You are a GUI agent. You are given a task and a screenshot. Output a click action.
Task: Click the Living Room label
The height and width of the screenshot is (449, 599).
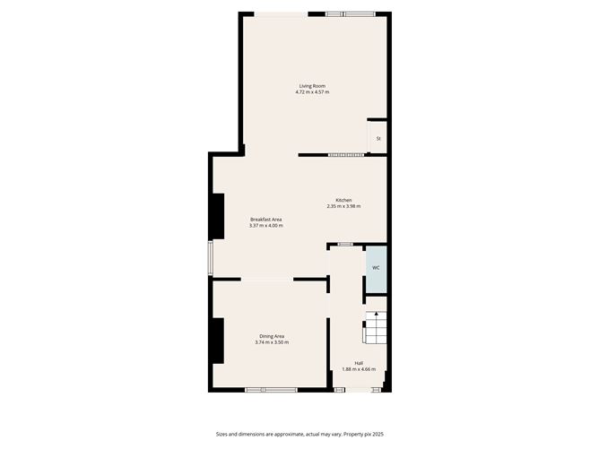[x=312, y=86]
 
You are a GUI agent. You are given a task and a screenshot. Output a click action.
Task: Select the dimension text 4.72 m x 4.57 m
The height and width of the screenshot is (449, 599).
[x=312, y=92]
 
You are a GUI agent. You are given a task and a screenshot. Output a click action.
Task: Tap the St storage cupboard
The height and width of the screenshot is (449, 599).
[x=378, y=139]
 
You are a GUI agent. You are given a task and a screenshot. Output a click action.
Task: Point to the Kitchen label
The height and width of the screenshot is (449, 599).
[x=343, y=200]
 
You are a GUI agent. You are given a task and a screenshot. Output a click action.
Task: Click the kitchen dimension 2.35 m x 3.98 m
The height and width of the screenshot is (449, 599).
[x=343, y=206]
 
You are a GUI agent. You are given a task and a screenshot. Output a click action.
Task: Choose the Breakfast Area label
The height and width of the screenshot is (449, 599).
[x=266, y=220]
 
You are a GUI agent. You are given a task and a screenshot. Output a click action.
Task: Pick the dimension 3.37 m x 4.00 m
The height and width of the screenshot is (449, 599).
[x=266, y=226]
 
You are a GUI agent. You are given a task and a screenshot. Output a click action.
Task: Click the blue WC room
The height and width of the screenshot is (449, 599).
[x=376, y=268]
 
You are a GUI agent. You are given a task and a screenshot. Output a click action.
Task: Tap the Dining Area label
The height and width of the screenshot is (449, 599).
[x=272, y=336]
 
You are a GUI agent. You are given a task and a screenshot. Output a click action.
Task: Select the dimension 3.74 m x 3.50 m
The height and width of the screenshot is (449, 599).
[x=272, y=342]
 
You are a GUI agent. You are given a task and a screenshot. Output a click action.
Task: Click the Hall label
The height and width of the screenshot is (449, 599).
[x=359, y=363]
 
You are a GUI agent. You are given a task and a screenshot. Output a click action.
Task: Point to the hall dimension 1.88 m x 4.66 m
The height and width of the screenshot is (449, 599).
[x=359, y=369]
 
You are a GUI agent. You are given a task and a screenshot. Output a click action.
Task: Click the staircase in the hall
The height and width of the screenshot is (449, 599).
[x=374, y=330]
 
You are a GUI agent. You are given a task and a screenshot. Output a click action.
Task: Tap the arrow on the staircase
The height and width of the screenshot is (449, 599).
[x=378, y=315]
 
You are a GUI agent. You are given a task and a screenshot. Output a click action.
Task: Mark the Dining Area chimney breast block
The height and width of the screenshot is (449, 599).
[x=216, y=341]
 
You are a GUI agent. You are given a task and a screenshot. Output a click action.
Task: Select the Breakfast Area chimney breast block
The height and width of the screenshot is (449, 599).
[x=216, y=217]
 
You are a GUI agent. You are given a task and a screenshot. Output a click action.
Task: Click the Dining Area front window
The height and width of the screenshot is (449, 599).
[x=271, y=389]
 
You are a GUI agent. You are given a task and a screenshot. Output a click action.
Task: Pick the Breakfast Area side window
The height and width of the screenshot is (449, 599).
[x=211, y=256]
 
